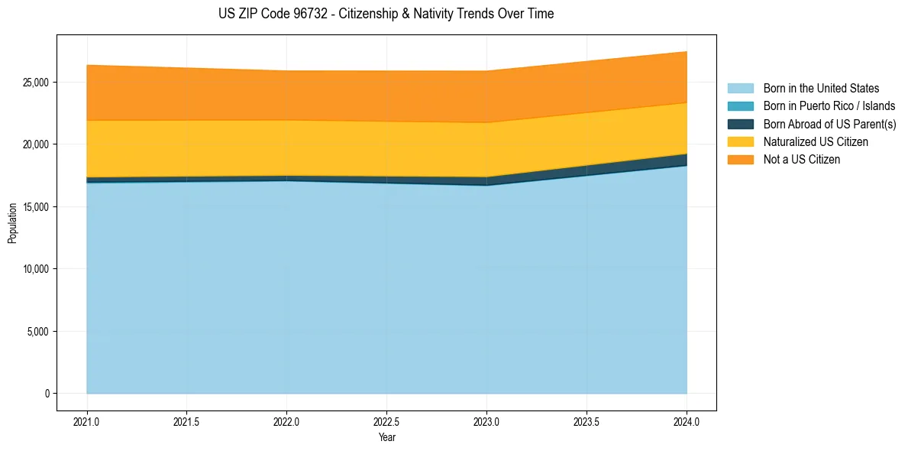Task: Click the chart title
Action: (x=386, y=14)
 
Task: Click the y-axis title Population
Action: (x=12, y=223)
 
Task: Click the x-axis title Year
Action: (x=386, y=437)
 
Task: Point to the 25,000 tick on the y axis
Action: (x=35, y=83)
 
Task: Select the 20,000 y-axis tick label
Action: (x=35, y=144)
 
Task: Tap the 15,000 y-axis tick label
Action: (x=35, y=207)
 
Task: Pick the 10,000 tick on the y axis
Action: (x=35, y=269)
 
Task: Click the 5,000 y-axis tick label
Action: (x=37, y=332)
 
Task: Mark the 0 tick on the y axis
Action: (x=47, y=394)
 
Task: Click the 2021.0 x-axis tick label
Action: (x=87, y=421)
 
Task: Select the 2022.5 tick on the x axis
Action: (x=386, y=421)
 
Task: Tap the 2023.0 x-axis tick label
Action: (x=486, y=421)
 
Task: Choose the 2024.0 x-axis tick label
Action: (x=687, y=421)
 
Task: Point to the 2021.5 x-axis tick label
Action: (x=187, y=421)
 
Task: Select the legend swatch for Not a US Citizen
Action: (x=740, y=160)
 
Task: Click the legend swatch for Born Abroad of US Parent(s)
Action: (x=740, y=124)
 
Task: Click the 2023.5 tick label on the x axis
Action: (x=586, y=421)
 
